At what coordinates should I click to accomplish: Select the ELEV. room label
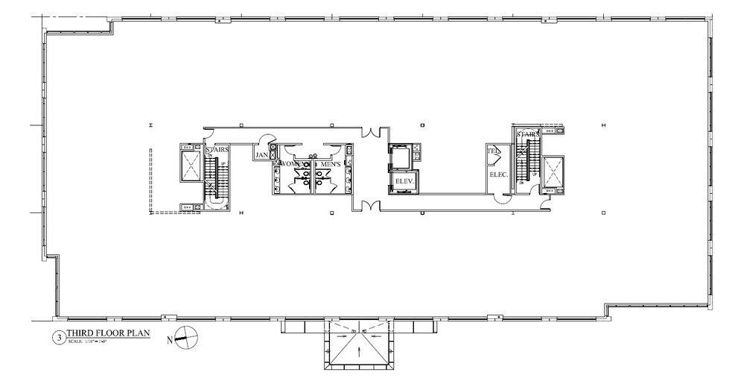coord(404,181)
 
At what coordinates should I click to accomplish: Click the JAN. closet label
coord(262,155)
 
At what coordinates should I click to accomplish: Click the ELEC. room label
coord(497,174)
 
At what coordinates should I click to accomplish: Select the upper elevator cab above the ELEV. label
coord(404,157)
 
